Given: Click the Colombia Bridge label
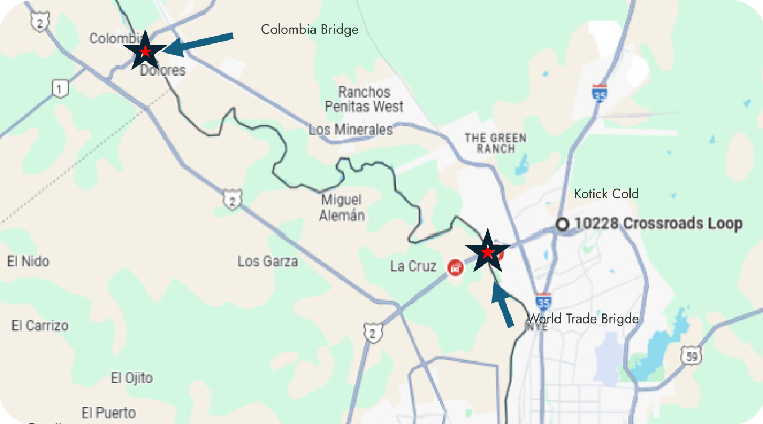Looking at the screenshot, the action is [309, 29].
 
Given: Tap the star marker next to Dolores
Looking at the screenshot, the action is [145, 51].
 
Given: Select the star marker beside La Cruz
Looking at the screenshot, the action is [487, 251].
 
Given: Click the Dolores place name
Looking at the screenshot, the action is [163, 70].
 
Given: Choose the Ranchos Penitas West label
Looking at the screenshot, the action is [364, 99].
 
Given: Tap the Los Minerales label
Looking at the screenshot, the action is [351, 130].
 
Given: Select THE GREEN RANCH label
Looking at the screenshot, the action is [496, 143].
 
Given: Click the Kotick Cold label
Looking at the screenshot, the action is [606, 194].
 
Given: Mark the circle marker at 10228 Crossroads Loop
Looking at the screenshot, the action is [562, 224].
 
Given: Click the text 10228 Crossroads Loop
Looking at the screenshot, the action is [658, 224].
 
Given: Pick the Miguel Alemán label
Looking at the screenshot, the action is [342, 207].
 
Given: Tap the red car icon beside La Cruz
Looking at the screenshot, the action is [455, 267].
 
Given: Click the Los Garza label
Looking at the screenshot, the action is [268, 262].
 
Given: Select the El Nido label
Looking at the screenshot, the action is [28, 262].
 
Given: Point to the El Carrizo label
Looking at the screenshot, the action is [40, 325].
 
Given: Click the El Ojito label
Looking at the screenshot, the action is [132, 377].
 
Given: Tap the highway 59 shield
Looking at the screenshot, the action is [690, 355].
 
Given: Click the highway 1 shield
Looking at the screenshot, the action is [60, 88].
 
